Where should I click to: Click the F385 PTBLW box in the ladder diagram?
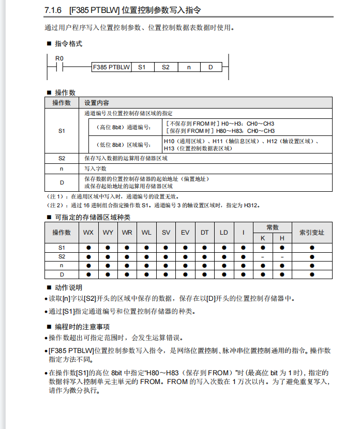coord(111,67)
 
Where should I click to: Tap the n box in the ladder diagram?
coord(188,67)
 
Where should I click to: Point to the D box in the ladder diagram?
coord(211,67)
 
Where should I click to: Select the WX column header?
coord(88,233)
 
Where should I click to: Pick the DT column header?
coord(204,233)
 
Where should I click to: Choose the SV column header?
coord(166,233)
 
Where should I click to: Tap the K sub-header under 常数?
coord(263,238)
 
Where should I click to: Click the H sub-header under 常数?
coord(282,238)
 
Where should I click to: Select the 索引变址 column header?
coord(312,233)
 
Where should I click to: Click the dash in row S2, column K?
coord(263,256)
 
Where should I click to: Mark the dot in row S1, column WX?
coord(88,248)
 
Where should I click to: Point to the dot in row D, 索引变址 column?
coord(312,273)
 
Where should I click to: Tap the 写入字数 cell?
coord(96,168)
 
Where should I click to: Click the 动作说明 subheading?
coord(68,287)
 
